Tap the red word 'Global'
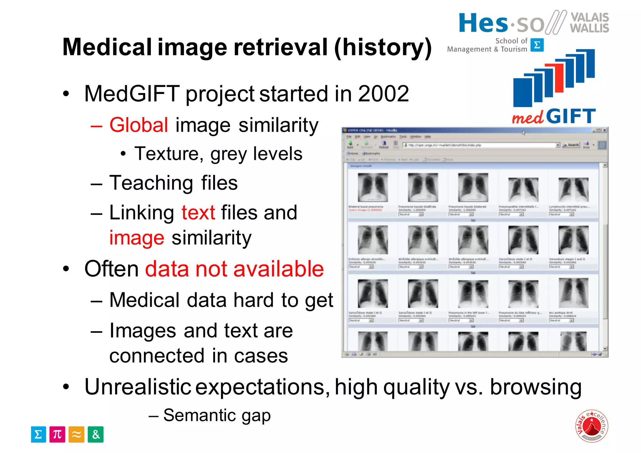pos(139,125)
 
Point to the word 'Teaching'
pos(151,183)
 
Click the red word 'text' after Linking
pos(198,213)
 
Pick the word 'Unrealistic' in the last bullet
pos(138,387)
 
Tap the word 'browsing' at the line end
pos(536,388)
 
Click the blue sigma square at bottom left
pos(38,435)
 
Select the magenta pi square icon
pos(57,435)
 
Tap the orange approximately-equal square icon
pos(76,435)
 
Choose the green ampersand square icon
pos(95,435)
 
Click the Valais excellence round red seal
pos(592,426)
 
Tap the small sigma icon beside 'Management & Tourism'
pos(537,45)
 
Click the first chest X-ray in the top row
pos(372,188)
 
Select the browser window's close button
pos(605,130)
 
